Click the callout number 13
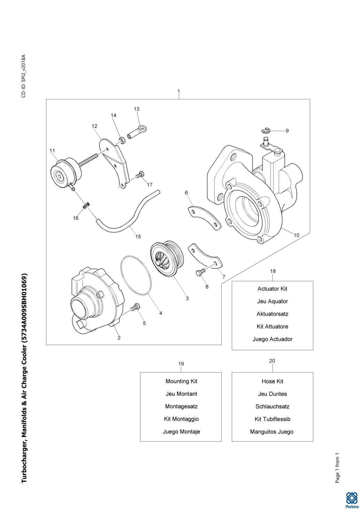[x=137, y=109]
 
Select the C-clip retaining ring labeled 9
[x=266, y=130]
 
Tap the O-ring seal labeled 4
[x=136, y=275]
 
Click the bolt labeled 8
[x=200, y=273]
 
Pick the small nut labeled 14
[x=122, y=140]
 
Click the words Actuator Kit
[x=272, y=288]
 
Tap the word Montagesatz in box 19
[x=181, y=406]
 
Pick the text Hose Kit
[x=272, y=381]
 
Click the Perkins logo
[x=351, y=500]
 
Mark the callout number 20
[x=272, y=361]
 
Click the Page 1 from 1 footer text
[x=337, y=468]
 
